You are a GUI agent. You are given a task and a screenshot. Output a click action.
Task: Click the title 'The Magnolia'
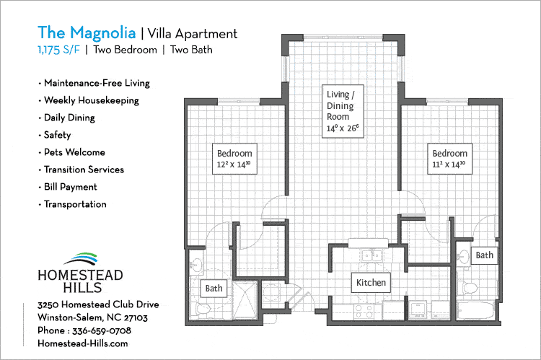[86, 32]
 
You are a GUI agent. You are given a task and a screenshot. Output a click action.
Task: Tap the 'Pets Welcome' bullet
[74, 152]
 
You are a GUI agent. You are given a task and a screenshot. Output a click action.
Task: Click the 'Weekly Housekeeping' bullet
[90, 100]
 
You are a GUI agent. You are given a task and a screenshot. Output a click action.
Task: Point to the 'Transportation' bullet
[74, 204]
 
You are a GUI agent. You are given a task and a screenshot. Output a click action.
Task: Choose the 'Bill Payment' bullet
[70, 187]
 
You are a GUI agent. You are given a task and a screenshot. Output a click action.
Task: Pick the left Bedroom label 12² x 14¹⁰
[235, 159]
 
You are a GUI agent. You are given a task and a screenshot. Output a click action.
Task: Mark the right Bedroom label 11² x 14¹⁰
[449, 159]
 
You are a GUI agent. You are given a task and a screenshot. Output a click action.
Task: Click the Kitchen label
[371, 282]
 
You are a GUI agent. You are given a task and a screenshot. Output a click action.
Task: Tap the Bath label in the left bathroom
[214, 289]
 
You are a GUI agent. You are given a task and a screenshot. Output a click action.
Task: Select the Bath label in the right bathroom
[485, 255]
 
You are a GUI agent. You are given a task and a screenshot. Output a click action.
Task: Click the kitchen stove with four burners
[366, 310]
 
